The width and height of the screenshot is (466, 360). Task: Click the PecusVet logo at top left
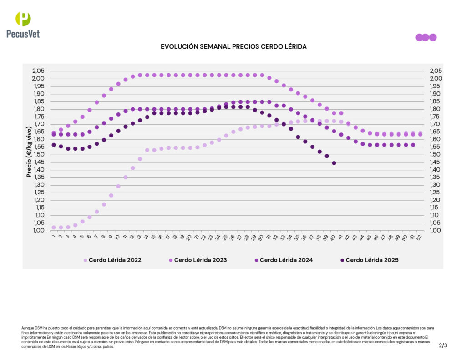tap(23, 25)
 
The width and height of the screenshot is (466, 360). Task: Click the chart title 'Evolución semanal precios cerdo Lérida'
tap(233, 47)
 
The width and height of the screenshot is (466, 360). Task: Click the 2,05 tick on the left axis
tap(39, 71)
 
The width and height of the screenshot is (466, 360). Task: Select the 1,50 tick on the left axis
tap(39, 155)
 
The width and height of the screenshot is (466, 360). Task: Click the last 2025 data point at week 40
tap(334, 163)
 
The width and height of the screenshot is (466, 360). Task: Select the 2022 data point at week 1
tap(54, 227)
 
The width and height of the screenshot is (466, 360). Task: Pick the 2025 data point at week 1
tap(54, 145)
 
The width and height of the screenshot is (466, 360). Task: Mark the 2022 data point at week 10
tap(118, 186)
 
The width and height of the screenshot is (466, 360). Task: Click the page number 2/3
tap(443, 345)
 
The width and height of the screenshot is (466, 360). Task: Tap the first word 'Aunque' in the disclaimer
tap(27, 328)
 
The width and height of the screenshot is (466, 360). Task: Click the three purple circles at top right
tap(426, 37)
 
